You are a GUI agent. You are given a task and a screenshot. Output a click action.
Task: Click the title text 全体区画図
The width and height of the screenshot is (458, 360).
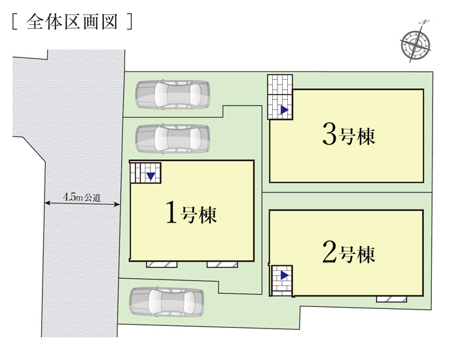(x=72, y=22)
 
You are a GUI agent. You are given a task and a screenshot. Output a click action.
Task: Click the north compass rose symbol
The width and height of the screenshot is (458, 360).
(x=415, y=43)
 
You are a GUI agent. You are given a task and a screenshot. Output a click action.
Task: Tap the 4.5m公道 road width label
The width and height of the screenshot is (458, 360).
(x=82, y=197)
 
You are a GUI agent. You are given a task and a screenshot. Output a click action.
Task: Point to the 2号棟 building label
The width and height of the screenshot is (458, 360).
(x=349, y=252)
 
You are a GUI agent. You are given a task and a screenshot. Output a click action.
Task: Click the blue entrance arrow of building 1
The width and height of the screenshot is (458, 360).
(x=150, y=176)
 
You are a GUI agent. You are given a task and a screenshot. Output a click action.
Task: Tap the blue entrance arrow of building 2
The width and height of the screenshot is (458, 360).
(x=285, y=275)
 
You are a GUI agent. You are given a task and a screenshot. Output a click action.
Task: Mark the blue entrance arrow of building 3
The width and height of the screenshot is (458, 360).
(x=285, y=110)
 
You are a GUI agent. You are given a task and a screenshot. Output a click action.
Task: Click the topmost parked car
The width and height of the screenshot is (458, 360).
(x=173, y=94)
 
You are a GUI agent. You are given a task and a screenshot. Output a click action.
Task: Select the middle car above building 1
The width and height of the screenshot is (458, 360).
(x=173, y=139)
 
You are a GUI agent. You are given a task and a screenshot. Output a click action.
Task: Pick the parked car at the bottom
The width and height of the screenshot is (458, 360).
(x=166, y=302)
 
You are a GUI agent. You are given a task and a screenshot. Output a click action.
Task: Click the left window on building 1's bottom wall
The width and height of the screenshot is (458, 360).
(x=162, y=264)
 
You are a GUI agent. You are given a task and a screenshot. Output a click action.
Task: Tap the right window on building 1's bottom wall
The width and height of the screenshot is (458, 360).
(x=222, y=264)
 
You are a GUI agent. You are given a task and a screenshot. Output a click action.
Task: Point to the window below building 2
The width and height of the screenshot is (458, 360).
(x=391, y=299)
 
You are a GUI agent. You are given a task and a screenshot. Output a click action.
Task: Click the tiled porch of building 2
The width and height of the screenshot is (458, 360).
(x=282, y=281)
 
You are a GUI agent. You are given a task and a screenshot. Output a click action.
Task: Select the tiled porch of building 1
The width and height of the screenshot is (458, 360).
(x=145, y=173)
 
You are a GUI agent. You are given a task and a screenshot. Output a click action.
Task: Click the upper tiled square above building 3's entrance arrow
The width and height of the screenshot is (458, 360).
(x=280, y=84)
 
